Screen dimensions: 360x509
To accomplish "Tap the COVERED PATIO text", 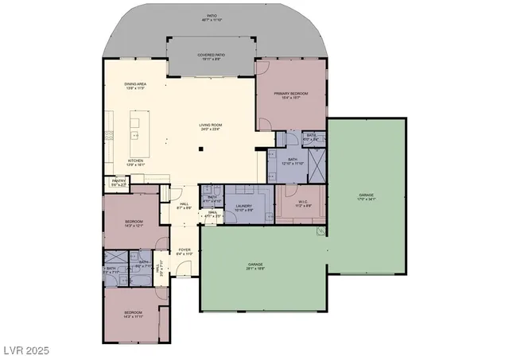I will [210, 56].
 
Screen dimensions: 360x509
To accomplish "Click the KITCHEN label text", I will [137, 162].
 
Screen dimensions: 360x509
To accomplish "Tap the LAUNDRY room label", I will [244, 208].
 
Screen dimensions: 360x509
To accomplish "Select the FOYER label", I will [184, 252].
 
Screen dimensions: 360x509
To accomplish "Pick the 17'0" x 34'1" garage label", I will [366, 197].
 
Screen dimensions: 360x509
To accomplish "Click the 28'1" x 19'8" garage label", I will [255, 265].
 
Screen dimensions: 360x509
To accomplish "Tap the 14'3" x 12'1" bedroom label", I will [134, 223].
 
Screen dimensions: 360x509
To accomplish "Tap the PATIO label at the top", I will [210, 17].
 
